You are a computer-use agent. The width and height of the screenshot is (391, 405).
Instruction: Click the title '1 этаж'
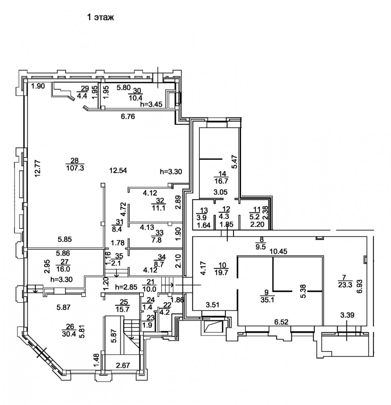coord(100,18)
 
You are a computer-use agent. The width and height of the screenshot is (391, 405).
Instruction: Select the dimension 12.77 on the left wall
coord(38,169)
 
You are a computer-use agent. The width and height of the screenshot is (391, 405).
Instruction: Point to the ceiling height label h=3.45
coord(151,104)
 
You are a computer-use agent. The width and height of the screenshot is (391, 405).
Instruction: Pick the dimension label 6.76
coord(128,117)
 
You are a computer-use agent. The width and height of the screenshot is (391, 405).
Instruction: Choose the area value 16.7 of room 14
coord(221,180)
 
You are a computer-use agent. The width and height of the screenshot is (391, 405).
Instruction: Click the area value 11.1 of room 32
coord(159,208)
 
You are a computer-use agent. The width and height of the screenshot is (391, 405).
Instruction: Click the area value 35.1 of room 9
coord(267,300)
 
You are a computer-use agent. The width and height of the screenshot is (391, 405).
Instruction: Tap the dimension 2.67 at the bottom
coord(123,366)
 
